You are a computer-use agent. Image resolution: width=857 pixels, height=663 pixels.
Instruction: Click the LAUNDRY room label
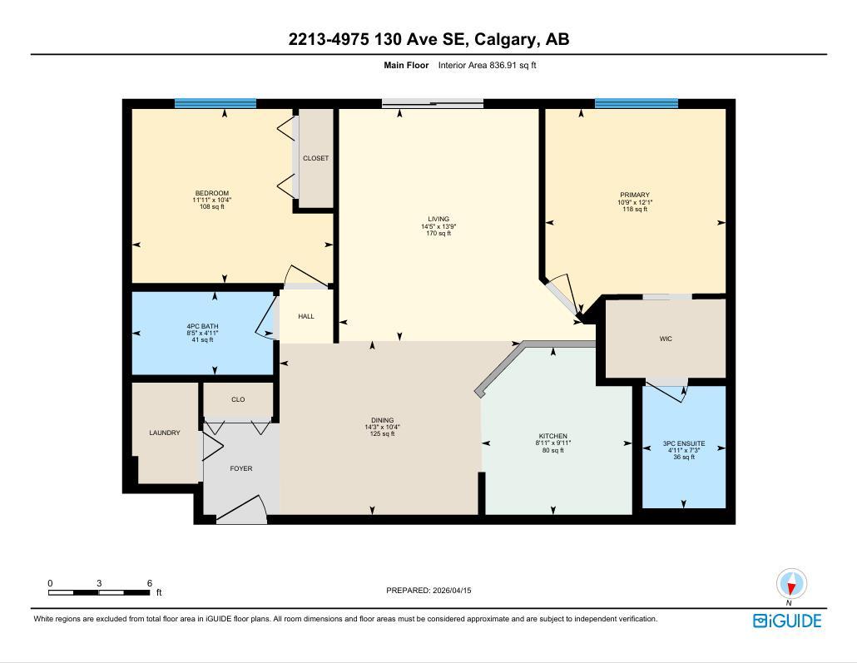(x=164, y=433)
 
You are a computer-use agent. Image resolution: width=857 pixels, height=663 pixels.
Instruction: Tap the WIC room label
(x=666, y=339)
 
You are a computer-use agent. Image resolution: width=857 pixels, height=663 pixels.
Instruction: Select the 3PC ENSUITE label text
(x=684, y=443)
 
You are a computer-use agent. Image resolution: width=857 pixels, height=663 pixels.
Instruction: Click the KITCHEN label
(x=552, y=437)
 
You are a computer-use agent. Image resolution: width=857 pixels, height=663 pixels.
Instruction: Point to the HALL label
(x=306, y=316)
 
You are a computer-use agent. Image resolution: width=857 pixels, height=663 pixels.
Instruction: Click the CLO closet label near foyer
(x=238, y=399)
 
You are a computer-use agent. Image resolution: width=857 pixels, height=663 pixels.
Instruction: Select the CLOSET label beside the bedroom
(x=315, y=158)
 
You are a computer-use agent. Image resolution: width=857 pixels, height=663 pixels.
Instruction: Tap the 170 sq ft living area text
(x=438, y=234)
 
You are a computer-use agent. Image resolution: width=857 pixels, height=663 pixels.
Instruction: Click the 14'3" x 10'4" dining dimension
(x=382, y=428)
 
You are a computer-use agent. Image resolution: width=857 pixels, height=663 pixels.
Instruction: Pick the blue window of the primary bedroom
(x=636, y=104)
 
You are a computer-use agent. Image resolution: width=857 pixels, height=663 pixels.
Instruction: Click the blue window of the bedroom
(x=215, y=104)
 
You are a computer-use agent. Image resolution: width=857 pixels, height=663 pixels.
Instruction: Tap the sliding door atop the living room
(x=433, y=104)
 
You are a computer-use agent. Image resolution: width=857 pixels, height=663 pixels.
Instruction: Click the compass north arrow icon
(x=791, y=584)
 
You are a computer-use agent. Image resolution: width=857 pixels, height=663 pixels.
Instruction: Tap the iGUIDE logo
(x=786, y=621)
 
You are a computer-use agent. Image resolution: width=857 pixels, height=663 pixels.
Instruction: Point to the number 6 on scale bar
(x=150, y=583)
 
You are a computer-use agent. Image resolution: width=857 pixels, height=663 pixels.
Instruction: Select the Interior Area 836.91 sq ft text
(x=488, y=65)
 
